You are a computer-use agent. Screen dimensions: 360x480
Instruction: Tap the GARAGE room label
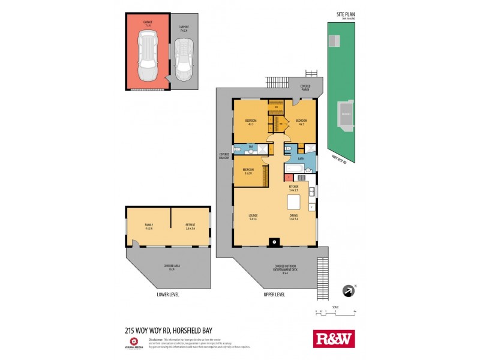tap(148, 22)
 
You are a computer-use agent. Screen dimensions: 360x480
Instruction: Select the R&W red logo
tap(334, 338)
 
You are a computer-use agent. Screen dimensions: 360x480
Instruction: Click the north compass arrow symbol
tap(347, 290)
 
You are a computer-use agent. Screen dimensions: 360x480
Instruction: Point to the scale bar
tap(336, 311)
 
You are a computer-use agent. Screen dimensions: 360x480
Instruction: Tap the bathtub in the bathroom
tap(295, 170)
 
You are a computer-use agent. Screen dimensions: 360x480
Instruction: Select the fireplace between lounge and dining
tap(275, 242)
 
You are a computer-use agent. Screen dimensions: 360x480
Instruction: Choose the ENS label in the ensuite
tap(251, 146)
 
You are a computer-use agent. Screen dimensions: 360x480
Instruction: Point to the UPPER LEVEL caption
tap(274, 295)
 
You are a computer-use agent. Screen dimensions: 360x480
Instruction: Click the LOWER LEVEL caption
tap(167, 295)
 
